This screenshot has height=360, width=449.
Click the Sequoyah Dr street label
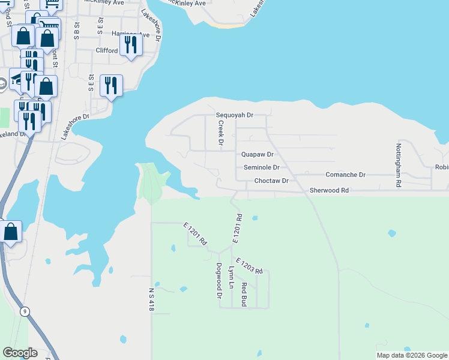235,115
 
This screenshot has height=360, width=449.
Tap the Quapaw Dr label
258,154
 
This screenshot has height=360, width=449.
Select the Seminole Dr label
262,167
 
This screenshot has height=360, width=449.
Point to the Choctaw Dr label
271,180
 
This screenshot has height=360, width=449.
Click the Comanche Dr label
345,175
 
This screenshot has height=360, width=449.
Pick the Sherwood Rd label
329,190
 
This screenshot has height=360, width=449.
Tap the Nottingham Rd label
398,163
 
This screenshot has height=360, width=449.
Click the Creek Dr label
220,134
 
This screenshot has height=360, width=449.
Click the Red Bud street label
244,294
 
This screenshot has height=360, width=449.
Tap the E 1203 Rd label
250,266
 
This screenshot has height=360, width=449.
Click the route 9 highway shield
25,311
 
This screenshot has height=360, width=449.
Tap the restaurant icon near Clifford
130,45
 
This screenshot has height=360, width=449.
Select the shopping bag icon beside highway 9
11,232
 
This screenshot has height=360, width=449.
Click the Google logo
20,353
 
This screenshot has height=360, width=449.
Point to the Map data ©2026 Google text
412,355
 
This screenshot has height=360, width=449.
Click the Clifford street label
107,50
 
